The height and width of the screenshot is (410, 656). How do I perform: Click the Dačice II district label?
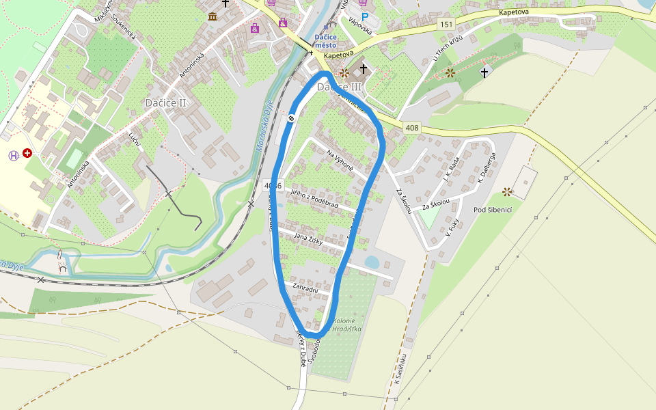pos(165,102)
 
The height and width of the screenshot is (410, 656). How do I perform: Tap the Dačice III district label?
pos(339,87)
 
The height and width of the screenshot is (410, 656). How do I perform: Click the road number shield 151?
pos(446,25)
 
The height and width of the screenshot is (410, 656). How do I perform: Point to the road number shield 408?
pos(411,127)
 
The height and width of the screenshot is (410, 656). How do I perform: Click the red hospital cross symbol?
pos(27,154)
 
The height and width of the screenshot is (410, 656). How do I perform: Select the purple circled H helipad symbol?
pos(14,155)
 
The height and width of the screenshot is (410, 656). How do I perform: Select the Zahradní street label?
pos(305,289)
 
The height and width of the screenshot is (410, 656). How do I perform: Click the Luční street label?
pos(135,139)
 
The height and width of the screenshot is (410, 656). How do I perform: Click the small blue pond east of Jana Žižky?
pos(372,262)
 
